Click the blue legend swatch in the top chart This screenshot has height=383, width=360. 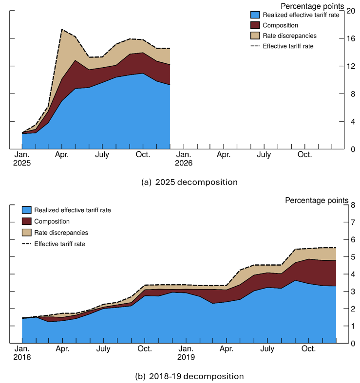tap(256, 15)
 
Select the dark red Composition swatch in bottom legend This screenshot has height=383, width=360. tap(26, 221)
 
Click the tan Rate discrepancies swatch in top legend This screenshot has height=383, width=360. tap(256, 36)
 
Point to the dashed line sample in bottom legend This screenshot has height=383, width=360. tap(26, 244)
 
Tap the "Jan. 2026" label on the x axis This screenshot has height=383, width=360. tap(183, 159)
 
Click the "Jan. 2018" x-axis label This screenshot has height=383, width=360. tap(22, 352)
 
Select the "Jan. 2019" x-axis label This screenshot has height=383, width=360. tap(186, 352)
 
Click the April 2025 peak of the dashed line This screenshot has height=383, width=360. tap(62, 29)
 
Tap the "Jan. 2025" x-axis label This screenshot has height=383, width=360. tap(22, 159)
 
